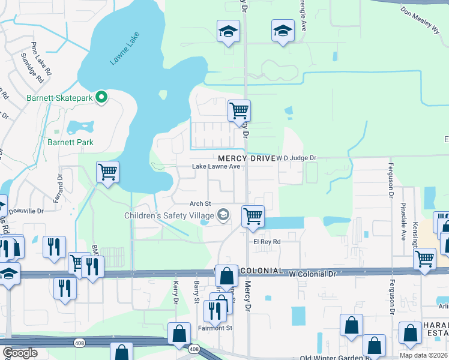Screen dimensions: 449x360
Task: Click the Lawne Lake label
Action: pos(125,49)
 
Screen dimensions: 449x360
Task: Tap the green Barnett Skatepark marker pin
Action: pos(102,97)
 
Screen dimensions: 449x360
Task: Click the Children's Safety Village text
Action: pos(169,215)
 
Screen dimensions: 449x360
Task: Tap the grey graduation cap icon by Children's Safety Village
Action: pos(223,215)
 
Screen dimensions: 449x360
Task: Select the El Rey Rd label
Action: pos(267,242)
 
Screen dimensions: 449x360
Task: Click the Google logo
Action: pos(20,353)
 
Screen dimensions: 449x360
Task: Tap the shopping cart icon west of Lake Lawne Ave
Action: pos(107,172)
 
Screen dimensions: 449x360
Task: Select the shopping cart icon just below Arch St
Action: pos(253,216)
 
